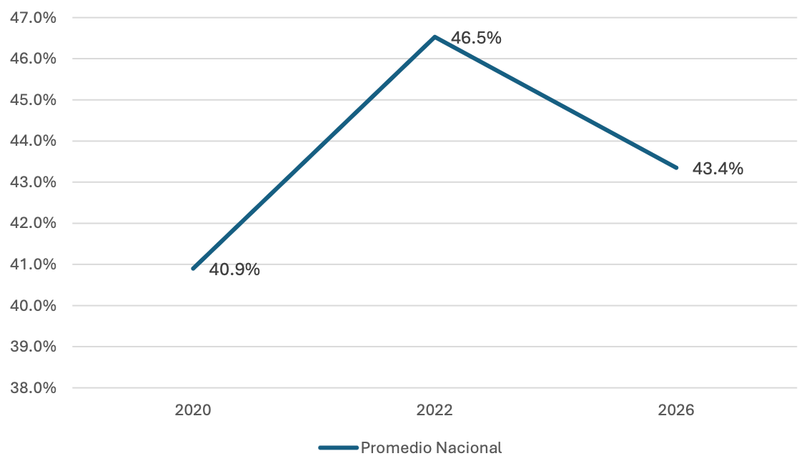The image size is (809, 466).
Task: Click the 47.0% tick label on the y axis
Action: pos(33,18)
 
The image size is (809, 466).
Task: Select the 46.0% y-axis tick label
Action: pos(33,59)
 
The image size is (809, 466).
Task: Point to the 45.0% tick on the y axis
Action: pos(33,100)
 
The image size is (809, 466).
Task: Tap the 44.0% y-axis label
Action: pos(33,141)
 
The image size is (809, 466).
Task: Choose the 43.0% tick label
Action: pos(33,182)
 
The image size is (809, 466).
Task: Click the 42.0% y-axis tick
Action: pos(33,224)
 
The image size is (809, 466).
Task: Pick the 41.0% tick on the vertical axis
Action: pos(33,264)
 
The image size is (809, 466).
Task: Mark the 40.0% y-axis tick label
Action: pos(33,306)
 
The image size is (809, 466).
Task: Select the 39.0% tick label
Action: pos(33,347)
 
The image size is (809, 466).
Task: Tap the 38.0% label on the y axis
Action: pos(33,388)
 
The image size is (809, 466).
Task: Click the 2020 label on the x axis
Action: pos(193,410)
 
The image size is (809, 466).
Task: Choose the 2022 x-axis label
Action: pos(435,410)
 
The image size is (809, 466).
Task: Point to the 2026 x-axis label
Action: pos(676,410)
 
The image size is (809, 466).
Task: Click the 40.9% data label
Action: pos(234,269)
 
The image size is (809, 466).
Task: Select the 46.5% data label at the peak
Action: pos(476,38)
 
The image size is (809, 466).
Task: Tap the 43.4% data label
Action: pos(718,169)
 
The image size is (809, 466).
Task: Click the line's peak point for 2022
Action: pos(435,37)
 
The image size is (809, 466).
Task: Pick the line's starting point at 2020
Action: pos(193,268)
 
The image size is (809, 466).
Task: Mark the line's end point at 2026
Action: pos(676,168)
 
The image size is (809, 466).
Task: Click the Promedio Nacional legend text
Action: pos(432,448)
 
